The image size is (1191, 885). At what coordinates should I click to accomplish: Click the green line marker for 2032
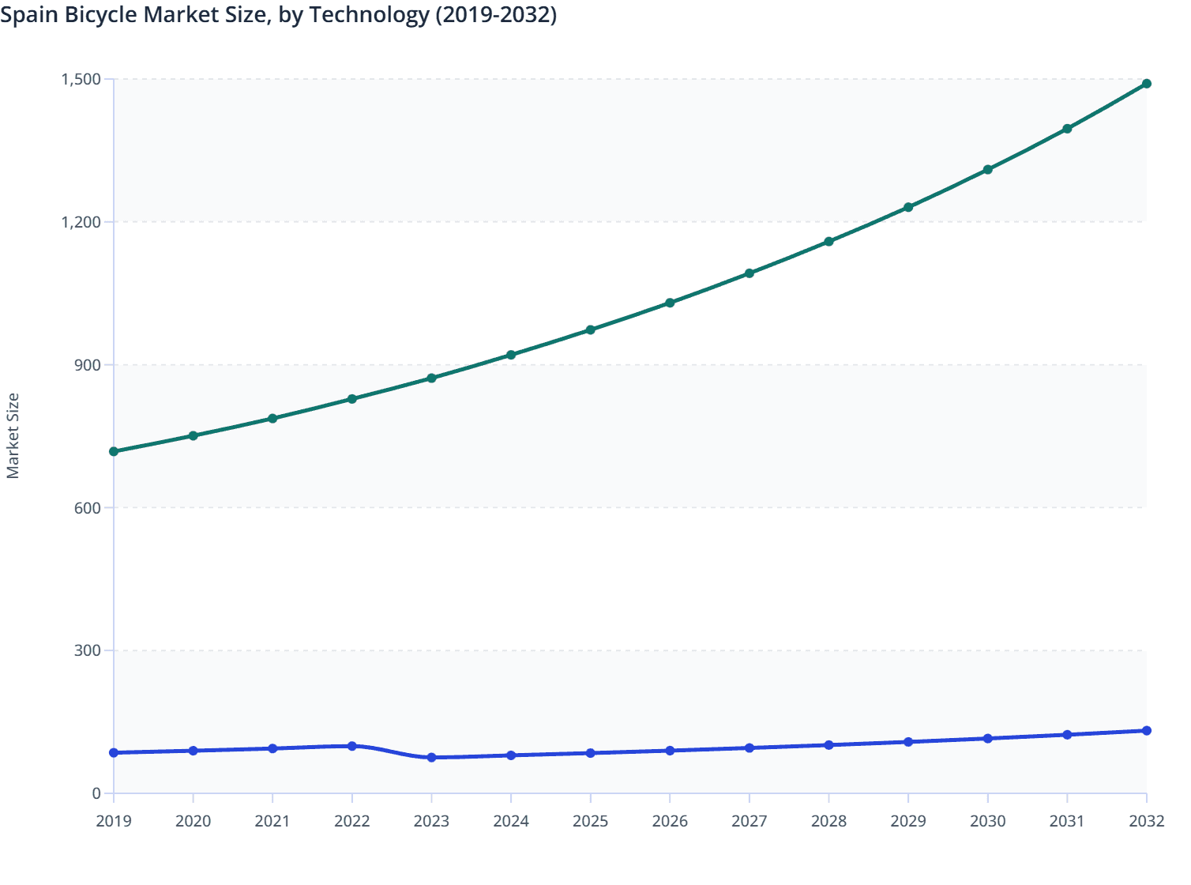tap(1146, 84)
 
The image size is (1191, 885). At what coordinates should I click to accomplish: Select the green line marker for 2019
tap(114, 451)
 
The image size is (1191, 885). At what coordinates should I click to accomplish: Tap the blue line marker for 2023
tap(431, 758)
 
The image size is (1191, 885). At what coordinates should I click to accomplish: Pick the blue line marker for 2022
tap(352, 746)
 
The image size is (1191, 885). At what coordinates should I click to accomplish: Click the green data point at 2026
tap(670, 303)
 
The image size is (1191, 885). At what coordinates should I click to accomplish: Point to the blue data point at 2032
tap(1146, 731)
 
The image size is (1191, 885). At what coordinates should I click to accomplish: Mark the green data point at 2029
tap(908, 207)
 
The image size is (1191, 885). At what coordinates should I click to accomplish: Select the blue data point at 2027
tap(750, 748)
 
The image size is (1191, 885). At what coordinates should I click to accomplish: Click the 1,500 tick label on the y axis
tap(81, 79)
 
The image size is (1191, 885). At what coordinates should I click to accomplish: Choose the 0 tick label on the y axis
tap(96, 793)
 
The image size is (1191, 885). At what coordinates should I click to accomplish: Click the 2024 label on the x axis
tap(511, 822)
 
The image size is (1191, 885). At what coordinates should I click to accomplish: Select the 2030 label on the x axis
tap(987, 822)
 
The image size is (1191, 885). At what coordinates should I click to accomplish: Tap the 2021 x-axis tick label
tap(272, 822)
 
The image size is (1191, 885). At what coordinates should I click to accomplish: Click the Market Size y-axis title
tap(13, 436)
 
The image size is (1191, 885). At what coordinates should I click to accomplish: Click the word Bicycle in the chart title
tap(100, 14)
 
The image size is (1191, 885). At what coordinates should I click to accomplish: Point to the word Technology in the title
tap(369, 14)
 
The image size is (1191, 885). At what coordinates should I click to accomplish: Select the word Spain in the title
tap(28, 14)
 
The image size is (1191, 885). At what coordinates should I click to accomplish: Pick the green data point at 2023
tap(431, 378)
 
